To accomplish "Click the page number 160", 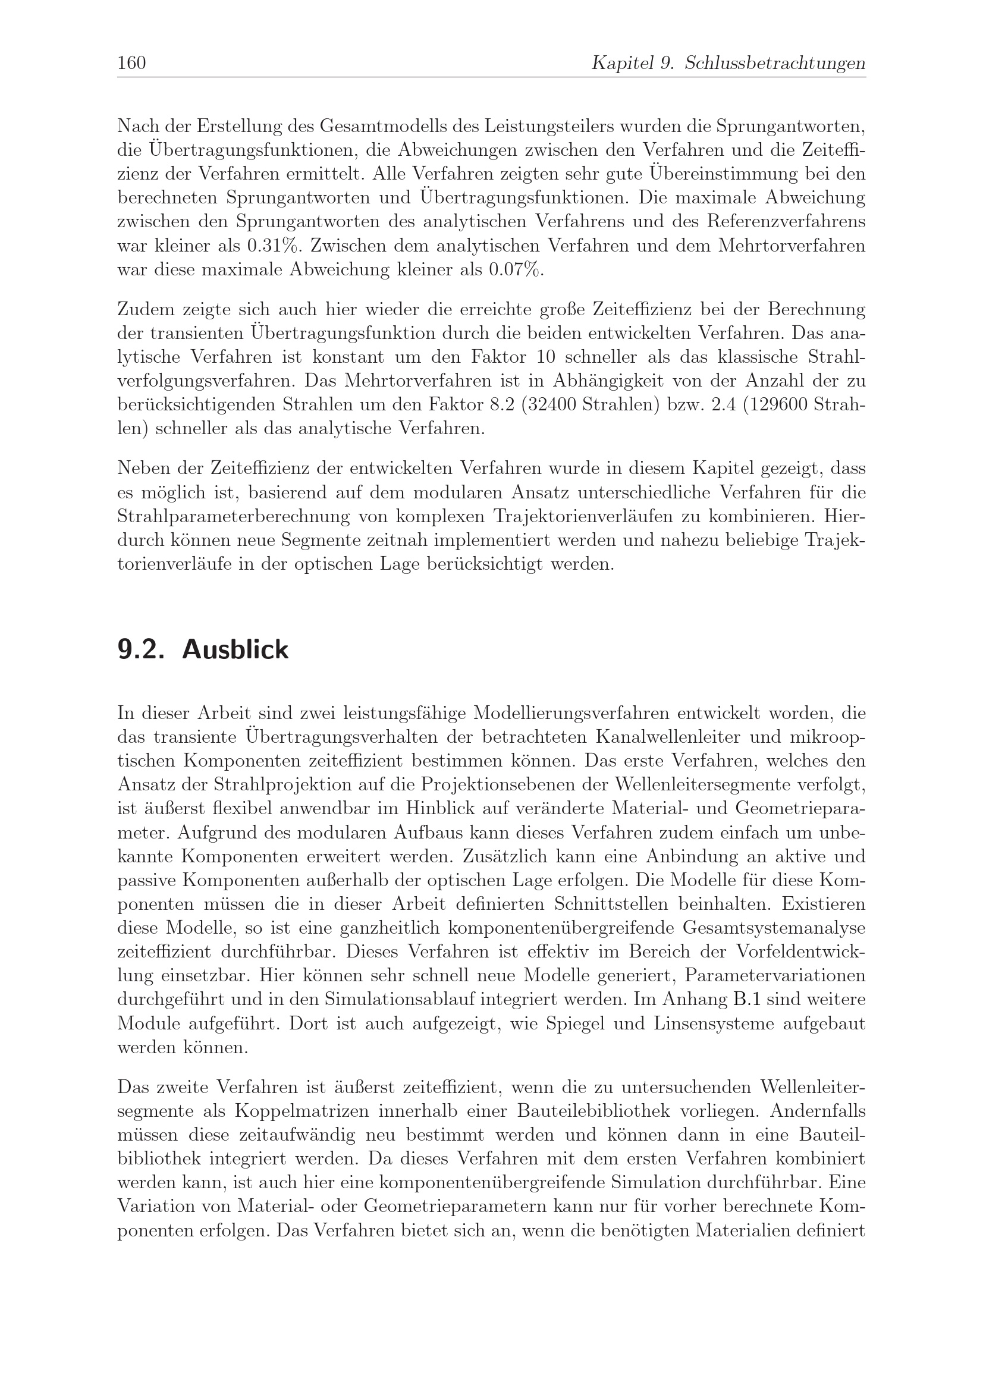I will click(x=131, y=63).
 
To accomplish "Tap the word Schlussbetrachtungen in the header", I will click(x=775, y=63).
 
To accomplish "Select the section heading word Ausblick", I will click(x=235, y=650).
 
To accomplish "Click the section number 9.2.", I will click(x=141, y=650).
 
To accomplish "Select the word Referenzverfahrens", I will click(x=786, y=222).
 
